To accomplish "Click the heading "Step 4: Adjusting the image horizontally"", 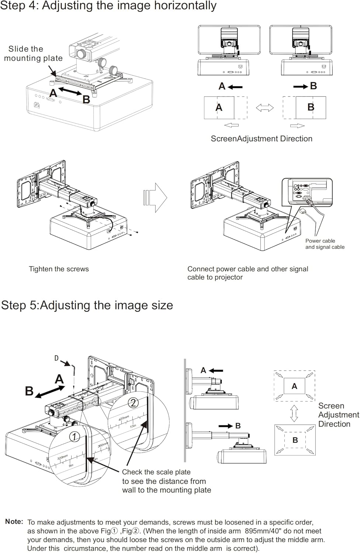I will (108, 6).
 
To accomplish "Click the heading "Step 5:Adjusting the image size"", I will (87, 305).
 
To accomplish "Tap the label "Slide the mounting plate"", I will (33, 53).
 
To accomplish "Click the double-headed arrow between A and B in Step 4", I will (70, 91).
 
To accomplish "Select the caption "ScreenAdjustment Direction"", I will (262, 139).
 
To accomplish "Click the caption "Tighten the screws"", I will (59, 269).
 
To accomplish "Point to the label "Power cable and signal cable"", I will (325, 244).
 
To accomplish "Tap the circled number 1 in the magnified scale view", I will (75, 437).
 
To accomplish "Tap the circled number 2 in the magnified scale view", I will (133, 403).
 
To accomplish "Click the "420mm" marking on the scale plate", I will (124, 419).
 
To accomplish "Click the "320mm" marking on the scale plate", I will (62, 458).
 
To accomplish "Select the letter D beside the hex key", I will (56, 358).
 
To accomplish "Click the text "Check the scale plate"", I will (156, 472).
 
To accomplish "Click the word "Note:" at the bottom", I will (14, 522).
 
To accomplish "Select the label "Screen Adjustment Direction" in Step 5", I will (338, 415).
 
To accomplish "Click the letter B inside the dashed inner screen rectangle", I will (295, 440).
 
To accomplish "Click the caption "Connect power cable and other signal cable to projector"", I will (247, 273).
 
